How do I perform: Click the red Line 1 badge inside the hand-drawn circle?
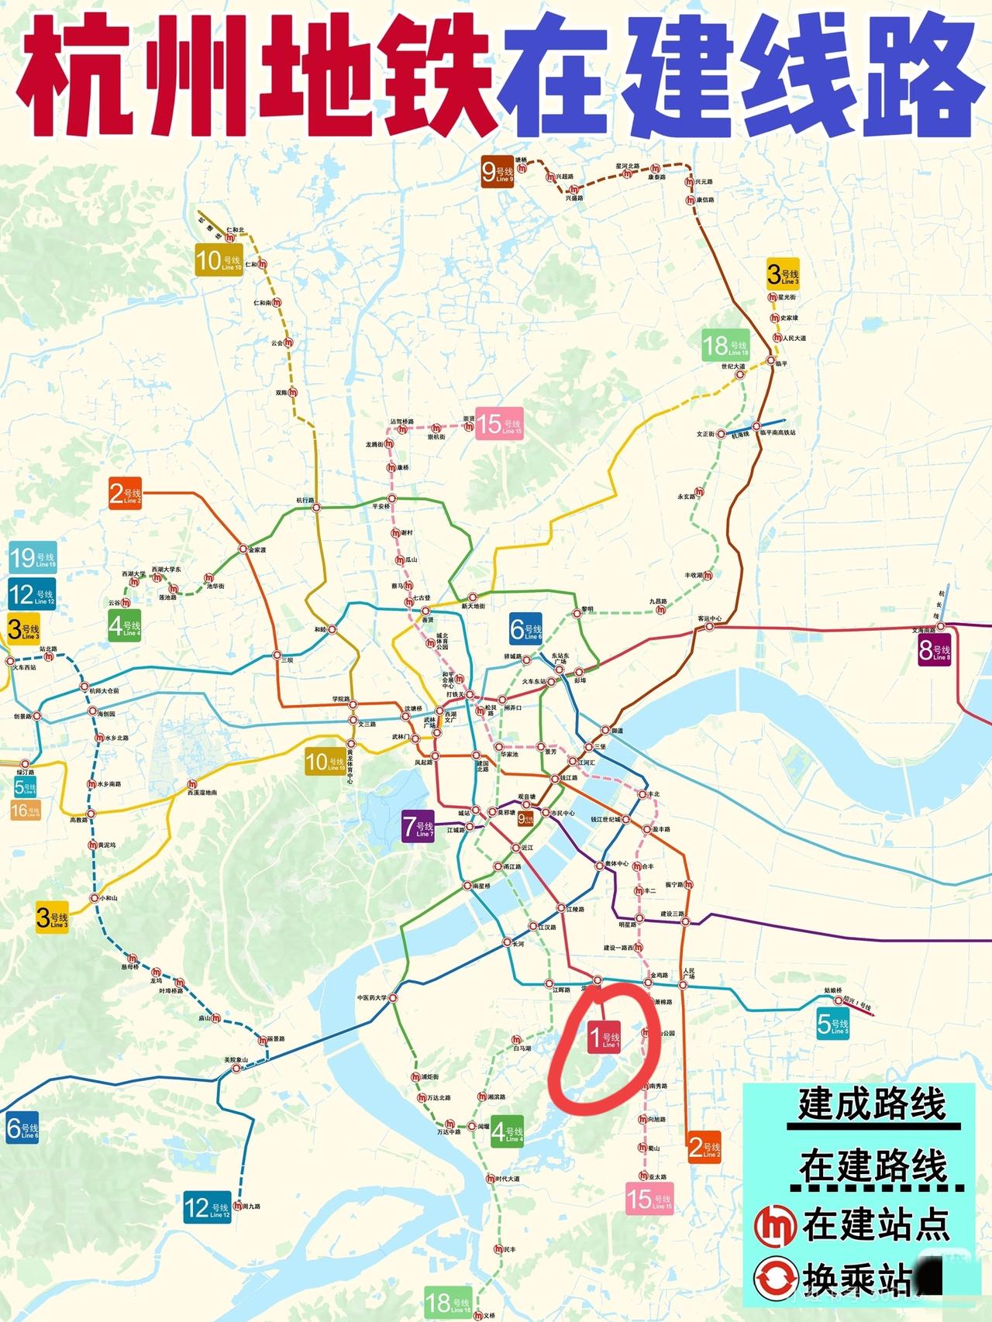(x=604, y=1037)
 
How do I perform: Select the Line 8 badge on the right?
(x=934, y=651)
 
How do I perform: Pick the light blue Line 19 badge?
(x=33, y=558)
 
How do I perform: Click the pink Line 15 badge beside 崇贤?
(x=498, y=424)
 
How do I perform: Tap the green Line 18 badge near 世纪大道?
(x=725, y=346)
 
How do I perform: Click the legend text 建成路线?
(x=872, y=1104)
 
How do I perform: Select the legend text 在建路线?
(x=873, y=1166)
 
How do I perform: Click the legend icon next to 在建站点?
(x=775, y=1225)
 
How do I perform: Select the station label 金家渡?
(x=257, y=550)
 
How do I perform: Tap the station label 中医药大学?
(x=372, y=998)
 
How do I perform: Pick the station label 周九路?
(x=252, y=1207)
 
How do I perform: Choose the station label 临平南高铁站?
(x=777, y=432)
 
